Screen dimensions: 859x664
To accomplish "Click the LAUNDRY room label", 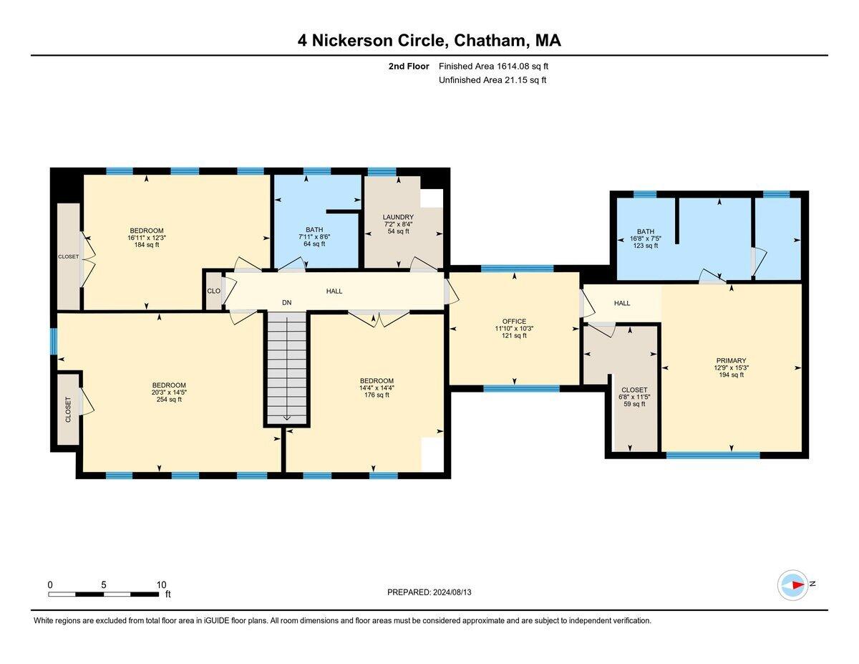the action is (398, 217).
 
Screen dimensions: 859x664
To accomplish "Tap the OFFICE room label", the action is (514, 322).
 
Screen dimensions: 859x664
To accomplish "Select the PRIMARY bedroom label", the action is (731, 361).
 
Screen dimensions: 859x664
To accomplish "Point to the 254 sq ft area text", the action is (169, 400).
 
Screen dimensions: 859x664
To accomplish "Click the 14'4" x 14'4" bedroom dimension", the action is (377, 388).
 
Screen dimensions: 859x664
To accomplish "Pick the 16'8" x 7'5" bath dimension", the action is (645, 239).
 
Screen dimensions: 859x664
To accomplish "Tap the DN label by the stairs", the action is (286, 302).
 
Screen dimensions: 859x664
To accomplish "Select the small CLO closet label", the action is (213, 291).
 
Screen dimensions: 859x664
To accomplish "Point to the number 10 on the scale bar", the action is (161, 584).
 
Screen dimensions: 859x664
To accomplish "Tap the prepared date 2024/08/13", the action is (452, 592).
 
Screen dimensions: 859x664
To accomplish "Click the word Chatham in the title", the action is (490, 40).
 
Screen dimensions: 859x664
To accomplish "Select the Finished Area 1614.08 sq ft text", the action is (493, 66).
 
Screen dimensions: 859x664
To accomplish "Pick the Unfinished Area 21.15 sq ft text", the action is (492, 80).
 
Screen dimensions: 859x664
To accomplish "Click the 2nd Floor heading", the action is (409, 66).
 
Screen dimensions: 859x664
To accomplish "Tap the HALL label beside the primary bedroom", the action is (622, 303).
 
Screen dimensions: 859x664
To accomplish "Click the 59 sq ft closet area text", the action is (634, 404).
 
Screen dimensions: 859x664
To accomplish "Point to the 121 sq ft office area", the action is (514, 335).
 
